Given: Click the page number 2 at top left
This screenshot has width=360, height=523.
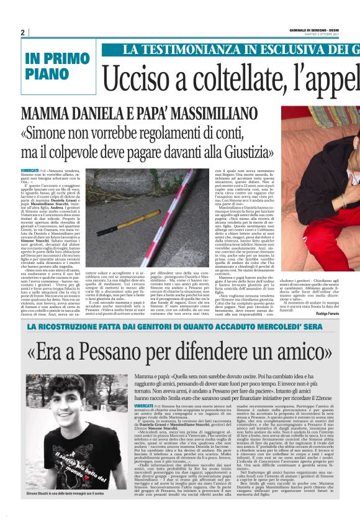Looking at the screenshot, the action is point(23,33).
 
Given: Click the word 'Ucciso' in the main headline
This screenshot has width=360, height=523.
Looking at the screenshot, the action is point(136,79).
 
